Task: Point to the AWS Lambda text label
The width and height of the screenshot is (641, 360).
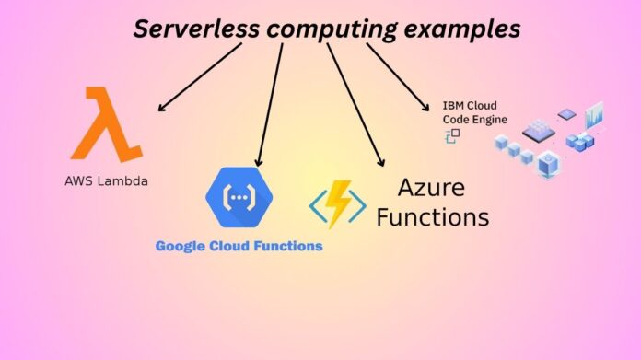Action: pos(106,181)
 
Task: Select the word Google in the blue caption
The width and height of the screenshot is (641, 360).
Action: pos(182,246)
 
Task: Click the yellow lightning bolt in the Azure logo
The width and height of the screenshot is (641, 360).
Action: pos(337,202)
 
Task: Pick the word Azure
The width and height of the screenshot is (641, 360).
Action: pos(430,188)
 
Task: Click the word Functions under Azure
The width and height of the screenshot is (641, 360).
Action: pos(430,218)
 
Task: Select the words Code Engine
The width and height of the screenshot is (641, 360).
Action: pos(475,119)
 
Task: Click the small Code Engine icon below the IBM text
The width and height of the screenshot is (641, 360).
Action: pos(452,135)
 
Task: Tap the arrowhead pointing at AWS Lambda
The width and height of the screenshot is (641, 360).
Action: pos(162,109)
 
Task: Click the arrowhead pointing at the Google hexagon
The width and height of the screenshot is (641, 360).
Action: pos(260,162)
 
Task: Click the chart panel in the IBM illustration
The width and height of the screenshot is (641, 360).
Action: pos(594,115)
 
